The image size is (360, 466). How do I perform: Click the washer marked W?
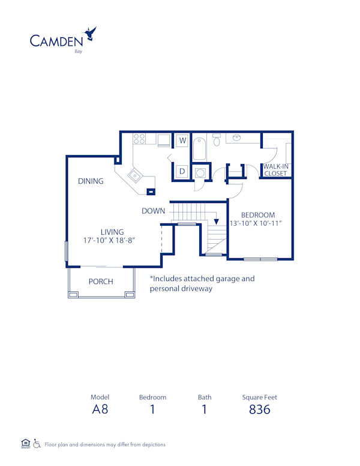[x=182, y=141]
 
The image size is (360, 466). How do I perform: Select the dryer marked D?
[x=182, y=172]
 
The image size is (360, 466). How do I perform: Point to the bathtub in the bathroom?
[x=199, y=148]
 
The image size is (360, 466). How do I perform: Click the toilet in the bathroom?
[x=217, y=140]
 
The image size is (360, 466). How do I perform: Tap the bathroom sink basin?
[x=238, y=139]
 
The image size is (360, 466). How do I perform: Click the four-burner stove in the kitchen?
[x=139, y=139]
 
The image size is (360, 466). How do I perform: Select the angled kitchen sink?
[x=134, y=176]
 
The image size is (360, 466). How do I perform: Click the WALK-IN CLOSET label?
[x=275, y=170]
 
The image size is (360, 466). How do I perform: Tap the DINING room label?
[x=91, y=181]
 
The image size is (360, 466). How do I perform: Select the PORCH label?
[x=101, y=282]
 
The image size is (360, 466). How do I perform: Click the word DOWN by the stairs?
[x=154, y=211]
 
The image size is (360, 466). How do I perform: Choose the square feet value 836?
[x=259, y=410]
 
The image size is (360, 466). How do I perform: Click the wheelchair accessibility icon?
[x=37, y=444]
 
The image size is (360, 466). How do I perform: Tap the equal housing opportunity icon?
[x=25, y=444]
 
